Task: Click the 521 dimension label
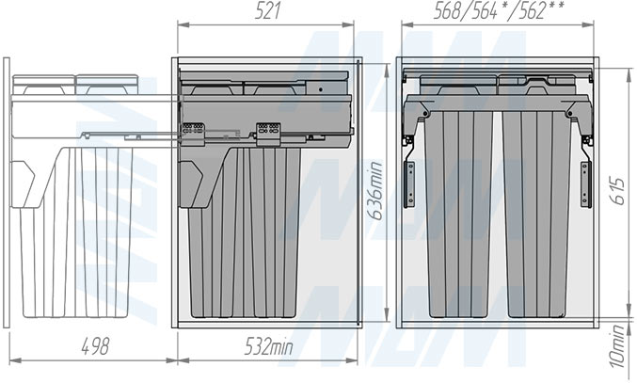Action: coord(267,11)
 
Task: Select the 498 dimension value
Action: coord(95,346)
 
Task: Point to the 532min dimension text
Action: coord(268,346)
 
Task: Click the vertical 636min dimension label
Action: coord(376,190)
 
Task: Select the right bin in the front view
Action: coord(535,214)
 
